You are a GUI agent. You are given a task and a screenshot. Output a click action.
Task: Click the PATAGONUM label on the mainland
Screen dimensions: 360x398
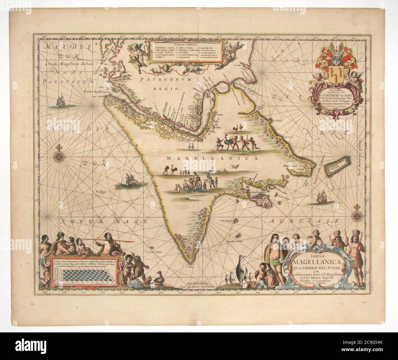click(166, 79)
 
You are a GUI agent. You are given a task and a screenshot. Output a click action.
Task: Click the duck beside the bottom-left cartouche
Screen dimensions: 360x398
click(160, 279)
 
